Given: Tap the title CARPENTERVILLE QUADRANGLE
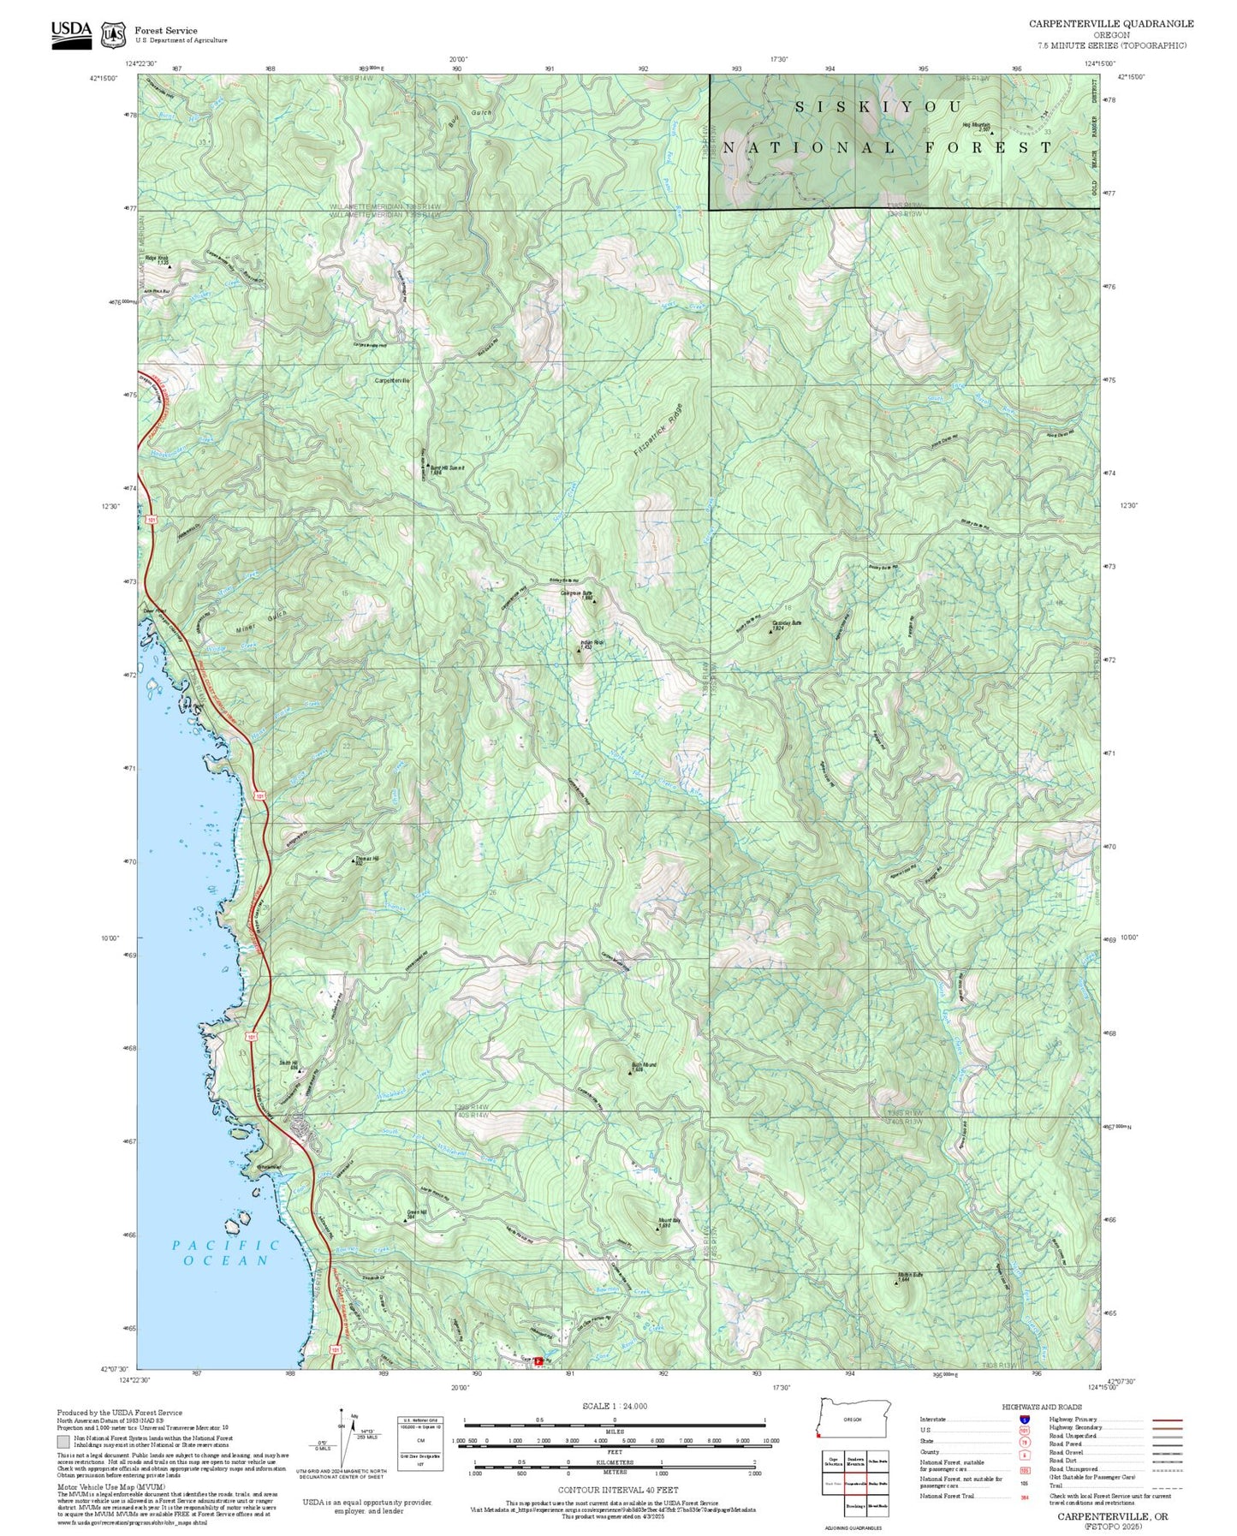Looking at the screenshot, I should pos(1111,23).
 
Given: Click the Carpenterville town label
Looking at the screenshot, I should pos(392,380).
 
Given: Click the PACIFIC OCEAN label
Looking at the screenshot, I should pos(225,1253).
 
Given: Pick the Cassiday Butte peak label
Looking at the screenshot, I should pos(786,625).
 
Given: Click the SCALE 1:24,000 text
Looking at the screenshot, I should pos(614,1406).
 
